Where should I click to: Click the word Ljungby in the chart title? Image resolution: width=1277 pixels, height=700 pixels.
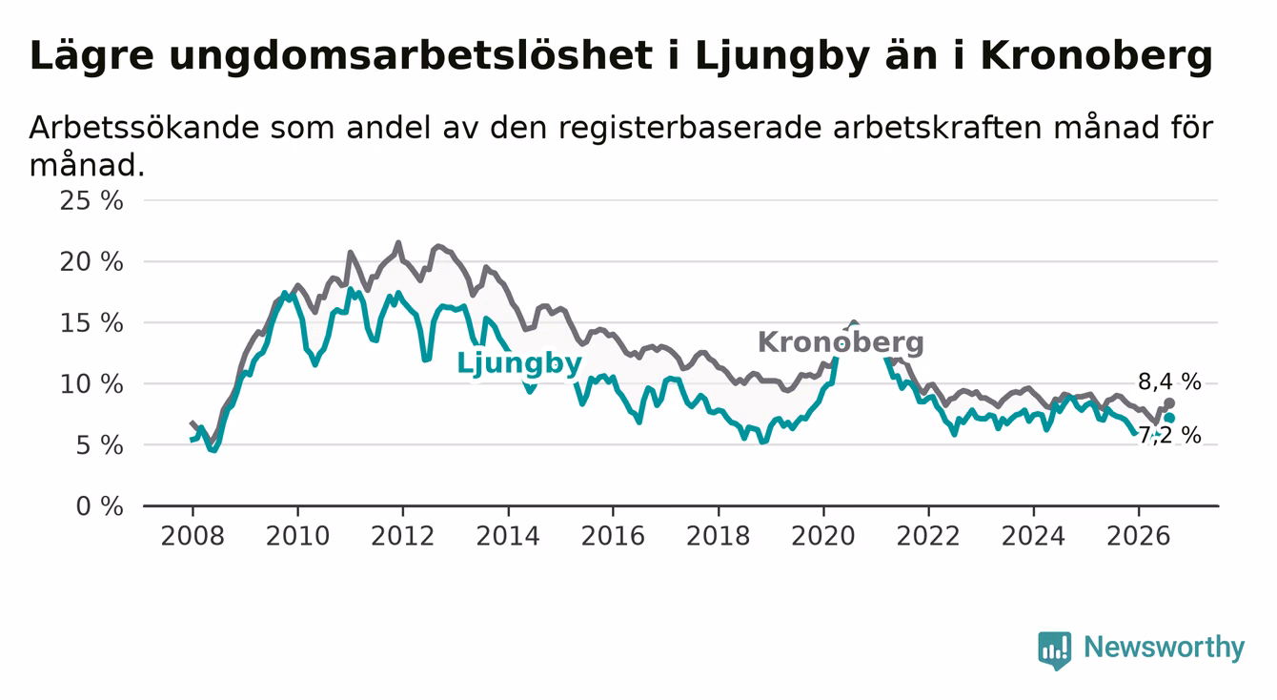coord(781,57)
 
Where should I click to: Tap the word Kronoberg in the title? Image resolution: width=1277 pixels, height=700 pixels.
coord(1096,57)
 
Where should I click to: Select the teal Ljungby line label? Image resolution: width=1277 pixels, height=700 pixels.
coord(519,362)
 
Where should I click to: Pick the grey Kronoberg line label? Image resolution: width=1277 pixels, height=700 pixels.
coord(841,342)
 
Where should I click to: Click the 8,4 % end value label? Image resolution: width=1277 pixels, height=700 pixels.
coord(1169,381)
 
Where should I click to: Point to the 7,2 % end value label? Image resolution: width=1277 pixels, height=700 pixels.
coord(1170,435)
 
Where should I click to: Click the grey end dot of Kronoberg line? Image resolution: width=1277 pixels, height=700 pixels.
coord(1169,403)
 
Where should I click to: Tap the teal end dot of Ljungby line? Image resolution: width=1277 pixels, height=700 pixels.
coord(1169,418)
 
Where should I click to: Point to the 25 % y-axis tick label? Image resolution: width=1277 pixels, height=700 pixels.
coord(91,201)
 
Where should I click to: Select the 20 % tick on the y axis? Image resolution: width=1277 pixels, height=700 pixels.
coord(91,262)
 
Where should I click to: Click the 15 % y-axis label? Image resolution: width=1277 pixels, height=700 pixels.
coord(91,323)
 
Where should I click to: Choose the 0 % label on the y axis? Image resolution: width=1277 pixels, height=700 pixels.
coord(100,506)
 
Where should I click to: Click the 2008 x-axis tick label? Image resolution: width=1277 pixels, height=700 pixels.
coord(193,536)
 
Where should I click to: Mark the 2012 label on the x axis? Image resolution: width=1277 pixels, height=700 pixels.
coord(402,536)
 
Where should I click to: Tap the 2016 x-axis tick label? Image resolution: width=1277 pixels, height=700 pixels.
coord(613,536)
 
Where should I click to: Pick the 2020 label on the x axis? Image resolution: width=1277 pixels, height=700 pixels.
coord(823,536)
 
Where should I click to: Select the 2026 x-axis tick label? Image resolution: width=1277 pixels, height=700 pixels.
coord(1139,536)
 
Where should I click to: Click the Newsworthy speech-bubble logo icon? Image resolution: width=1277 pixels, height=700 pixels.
coord(1055,650)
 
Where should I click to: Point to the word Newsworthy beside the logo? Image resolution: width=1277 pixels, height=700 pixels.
coord(1165,648)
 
